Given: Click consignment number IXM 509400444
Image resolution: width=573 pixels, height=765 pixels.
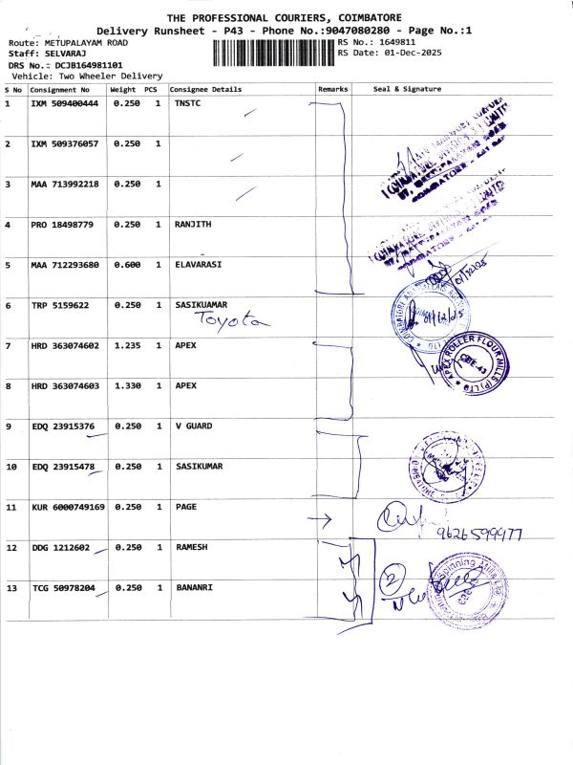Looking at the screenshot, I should pyautogui.click(x=65, y=102).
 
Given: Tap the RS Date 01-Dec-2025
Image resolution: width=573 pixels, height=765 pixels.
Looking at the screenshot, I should pyautogui.click(x=407, y=53).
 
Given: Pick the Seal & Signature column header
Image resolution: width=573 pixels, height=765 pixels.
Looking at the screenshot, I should pyautogui.click(x=407, y=89).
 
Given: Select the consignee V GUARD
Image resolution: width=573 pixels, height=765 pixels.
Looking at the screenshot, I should pyautogui.click(x=195, y=426).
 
